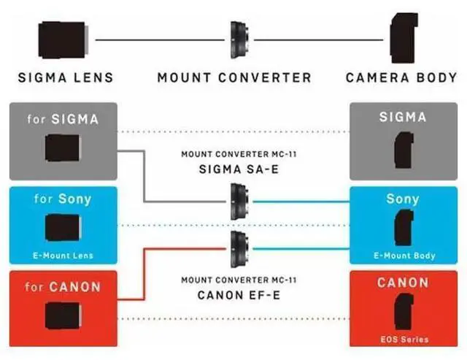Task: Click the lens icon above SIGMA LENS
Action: (63, 39)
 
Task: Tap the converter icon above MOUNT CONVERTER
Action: (237, 39)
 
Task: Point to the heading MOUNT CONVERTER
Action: (234, 77)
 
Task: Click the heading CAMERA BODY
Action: (401, 77)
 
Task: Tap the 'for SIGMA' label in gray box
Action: (63, 119)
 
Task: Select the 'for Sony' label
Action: (63, 199)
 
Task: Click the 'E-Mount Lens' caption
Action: (63, 256)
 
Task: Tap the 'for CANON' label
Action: (63, 286)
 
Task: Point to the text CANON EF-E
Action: (231, 296)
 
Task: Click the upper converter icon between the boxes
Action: (238, 200)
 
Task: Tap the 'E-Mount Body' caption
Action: (404, 256)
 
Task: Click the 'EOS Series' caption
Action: (404, 339)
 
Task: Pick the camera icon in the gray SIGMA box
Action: (402, 150)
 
